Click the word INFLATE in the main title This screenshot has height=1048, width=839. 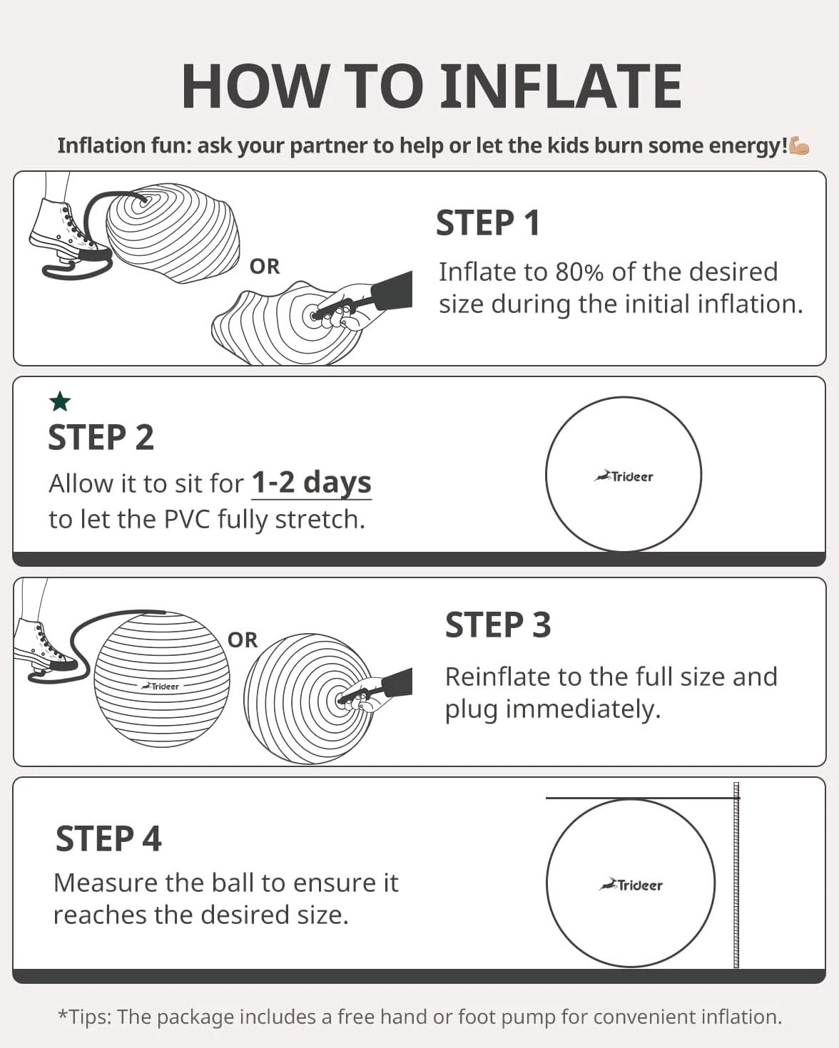click(x=561, y=86)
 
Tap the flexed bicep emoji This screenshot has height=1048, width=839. click(x=799, y=146)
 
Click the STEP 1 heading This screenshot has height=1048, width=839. click(x=488, y=223)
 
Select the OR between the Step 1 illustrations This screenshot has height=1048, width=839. click(x=265, y=267)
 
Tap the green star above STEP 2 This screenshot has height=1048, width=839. click(x=60, y=401)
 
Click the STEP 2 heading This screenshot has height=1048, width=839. click(x=101, y=437)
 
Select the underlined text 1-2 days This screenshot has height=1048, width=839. click(x=312, y=483)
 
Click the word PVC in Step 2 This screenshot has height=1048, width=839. click(x=187, y=519)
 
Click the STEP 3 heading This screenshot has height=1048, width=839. click(x=498, y=625)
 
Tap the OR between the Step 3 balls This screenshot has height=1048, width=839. click(x=243, y=640)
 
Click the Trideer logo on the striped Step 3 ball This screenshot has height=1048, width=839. click(x=161, y=686)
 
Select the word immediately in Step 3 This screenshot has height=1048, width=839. click(x=583, y=709)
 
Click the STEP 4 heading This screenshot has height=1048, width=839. click(x=108, y=839)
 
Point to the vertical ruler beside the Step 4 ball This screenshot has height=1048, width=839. click(x=736, y=875)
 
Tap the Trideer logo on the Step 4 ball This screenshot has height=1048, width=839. click(x=631, y=884)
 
